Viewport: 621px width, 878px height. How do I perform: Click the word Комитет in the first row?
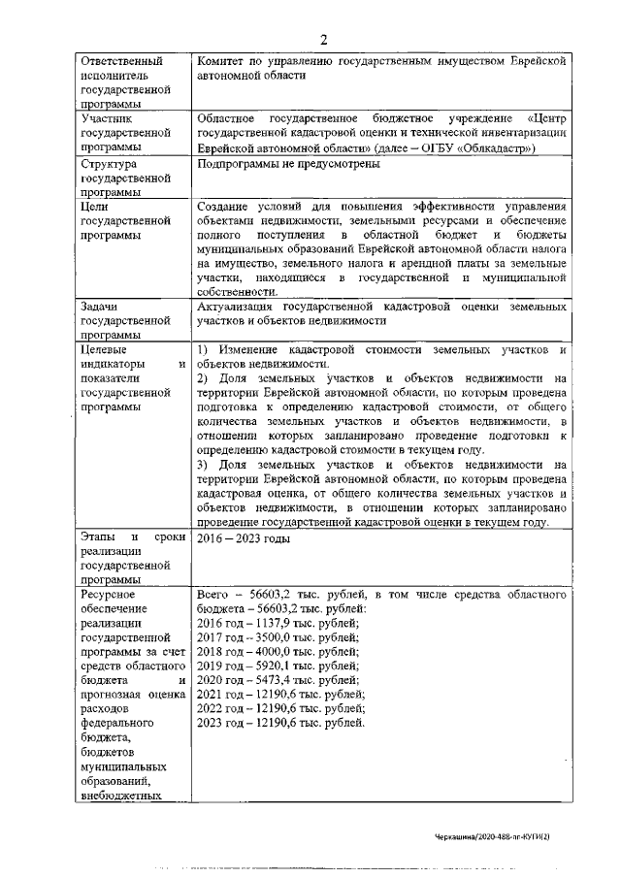tap(223, 62)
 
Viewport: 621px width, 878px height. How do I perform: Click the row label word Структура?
tap(112, 165)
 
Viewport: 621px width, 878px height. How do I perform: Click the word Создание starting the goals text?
tap(225, 207)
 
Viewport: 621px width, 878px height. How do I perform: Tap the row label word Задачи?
tap(101, 306)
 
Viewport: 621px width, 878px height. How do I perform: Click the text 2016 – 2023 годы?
tap(243, 537)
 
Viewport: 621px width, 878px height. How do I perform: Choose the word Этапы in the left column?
tap(100, 537)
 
